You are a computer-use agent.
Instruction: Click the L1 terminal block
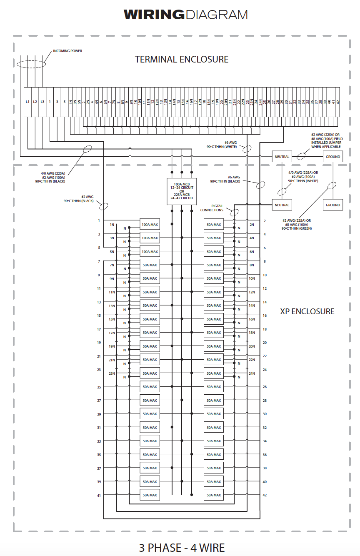tap(27, 102)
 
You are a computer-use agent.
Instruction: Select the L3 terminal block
tap(42, 102)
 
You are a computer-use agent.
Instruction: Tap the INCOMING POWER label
tap(67, 51)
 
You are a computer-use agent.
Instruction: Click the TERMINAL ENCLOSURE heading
tap(182, 60)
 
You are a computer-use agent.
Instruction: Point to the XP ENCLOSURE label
tap(307, 311)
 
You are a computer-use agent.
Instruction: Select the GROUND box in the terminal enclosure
tap(333, 157)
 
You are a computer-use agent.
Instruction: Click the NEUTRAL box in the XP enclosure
tap(282, 205)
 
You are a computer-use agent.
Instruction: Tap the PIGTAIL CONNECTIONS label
tap(212, 208)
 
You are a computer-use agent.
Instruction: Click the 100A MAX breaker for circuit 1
tap(150, 225)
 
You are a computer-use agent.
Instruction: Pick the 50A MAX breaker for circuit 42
tap(214, 495)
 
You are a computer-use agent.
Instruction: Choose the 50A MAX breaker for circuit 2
tap(214, 225)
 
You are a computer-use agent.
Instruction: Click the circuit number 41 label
tap(99, 495)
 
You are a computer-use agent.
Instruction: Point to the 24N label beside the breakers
tap(252, 373)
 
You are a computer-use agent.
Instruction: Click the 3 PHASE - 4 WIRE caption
tap(182, 547)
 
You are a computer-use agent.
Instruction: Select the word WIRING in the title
tap(154, 15)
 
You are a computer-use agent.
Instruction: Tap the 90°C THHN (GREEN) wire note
tap(296, 228)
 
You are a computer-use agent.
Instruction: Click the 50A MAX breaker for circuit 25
tap(150, 387)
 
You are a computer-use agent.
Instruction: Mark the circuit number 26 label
tap(265, 387)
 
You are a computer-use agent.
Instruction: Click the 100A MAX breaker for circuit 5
tap(150, 252)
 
